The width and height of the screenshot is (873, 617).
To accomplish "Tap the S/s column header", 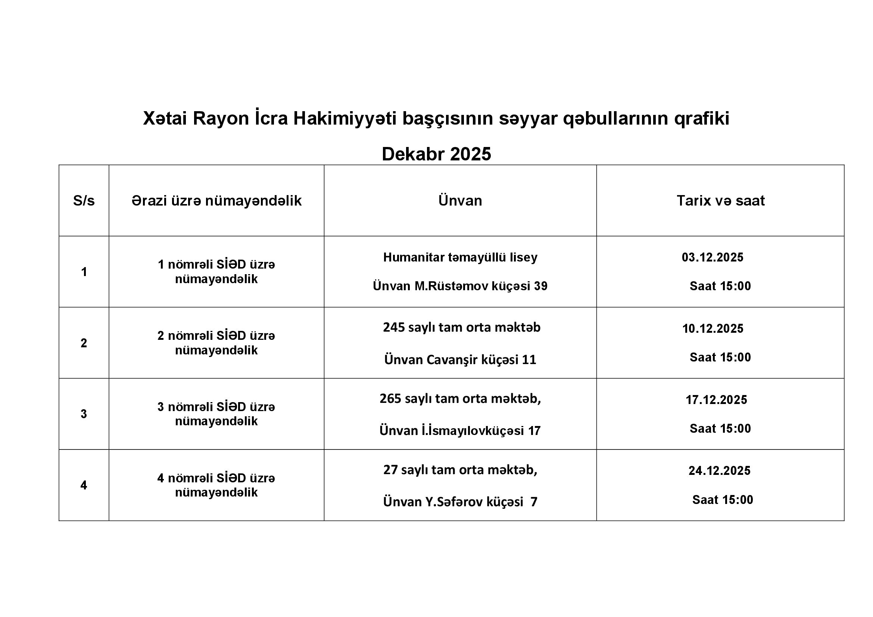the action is pyautogui.click(x=84, y=201).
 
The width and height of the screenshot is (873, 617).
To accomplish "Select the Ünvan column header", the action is pyautogui.click(x=460, y=201).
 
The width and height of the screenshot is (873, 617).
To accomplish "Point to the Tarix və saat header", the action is pyautogui.click(x=720, y=201).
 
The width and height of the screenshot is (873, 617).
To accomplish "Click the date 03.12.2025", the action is pyautogui.click(x=712, y=257).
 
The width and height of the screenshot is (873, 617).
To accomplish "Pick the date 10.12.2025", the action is pyautogui.click(x=713, y=329).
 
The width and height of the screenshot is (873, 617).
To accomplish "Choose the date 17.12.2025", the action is pyautogui.click(x=716, y=400).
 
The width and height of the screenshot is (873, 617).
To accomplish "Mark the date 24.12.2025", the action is pyautogui.click(x=719, y=471).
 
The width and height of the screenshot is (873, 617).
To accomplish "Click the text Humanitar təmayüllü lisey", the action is pyautogui.click(x=460, y=257).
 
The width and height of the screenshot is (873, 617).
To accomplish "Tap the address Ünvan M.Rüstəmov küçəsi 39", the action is pyautogui.click(x=460, y=286).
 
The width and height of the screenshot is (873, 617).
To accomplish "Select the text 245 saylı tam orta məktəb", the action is pyautogui.click(x=462, y=328).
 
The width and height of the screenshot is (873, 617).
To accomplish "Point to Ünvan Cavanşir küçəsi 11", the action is pyautogui.click(x=460, y=359).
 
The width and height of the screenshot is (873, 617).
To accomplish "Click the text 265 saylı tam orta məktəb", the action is pyautogui.click(x=460, y=398).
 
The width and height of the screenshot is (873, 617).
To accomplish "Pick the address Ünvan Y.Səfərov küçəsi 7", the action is pyautogui.click(x=460, y=502).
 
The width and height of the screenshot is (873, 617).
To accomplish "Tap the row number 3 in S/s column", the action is pyautogui.click(x=84, y=414).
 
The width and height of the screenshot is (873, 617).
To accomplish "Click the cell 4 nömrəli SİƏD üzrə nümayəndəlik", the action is pyautogui.click(x=216, y=485).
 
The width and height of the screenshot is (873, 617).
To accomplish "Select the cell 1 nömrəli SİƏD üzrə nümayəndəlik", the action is pyautogui.click(x=216, y=272).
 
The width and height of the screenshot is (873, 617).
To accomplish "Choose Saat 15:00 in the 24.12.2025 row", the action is pyautogui.click(x=723, y=499).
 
